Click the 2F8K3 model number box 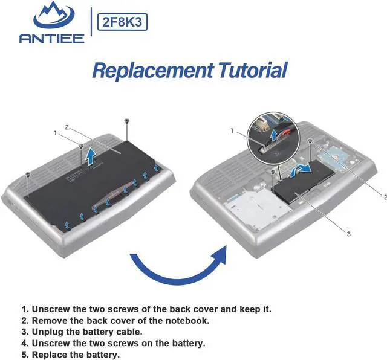pos(122,22)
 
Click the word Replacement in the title pos(152,70)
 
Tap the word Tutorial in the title pos(253,70)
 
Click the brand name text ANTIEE pos(52,39)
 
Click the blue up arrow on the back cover pos(91,156)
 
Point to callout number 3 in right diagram pos(348,234)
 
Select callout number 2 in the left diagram pos(67,127)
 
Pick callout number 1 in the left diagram pos(56,133)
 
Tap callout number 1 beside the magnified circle pos(232,130)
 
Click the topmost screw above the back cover pos(127,121)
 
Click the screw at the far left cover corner pos(28,175)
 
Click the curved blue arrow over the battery pos(300,170)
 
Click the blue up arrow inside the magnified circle pos(273,135)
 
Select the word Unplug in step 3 pos(48,332)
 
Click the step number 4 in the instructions pos(24,343)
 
